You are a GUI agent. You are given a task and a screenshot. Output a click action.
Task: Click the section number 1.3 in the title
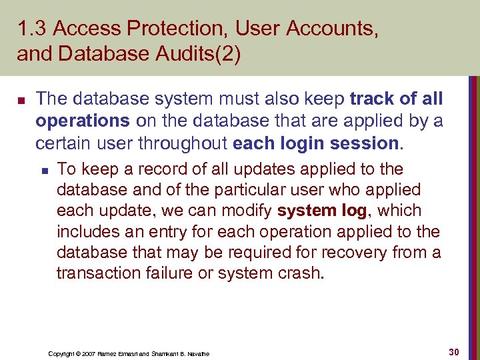point(31,29)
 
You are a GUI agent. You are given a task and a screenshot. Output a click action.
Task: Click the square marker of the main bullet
point(21,101)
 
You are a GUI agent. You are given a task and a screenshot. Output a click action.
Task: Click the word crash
point(300,273)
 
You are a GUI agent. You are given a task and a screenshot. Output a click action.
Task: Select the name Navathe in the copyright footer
point(195,353)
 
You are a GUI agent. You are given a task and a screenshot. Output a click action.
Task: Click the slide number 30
point(455,351)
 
